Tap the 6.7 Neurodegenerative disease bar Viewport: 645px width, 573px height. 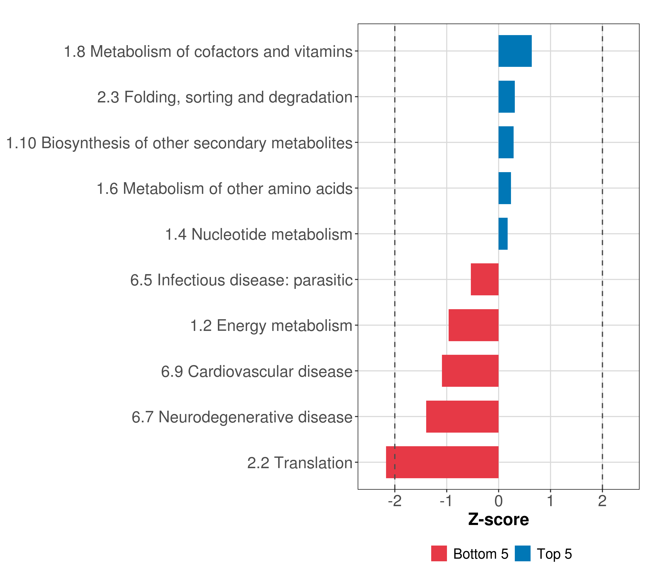tap(462, 416)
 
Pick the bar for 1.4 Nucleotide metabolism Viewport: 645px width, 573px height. tap(503, 234)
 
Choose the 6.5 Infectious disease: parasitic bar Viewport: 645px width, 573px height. tap(484, 279)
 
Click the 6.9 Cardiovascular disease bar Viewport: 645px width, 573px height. tap(470, 371)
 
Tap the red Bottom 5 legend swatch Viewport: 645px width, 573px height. tap(439, 553)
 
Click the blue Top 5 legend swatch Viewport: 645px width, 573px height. tap(522, 553)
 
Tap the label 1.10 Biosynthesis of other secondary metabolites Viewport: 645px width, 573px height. tap(179, 143)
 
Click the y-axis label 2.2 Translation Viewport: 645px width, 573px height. tap(300, 463)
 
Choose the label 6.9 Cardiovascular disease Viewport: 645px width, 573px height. tap(257, 371)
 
